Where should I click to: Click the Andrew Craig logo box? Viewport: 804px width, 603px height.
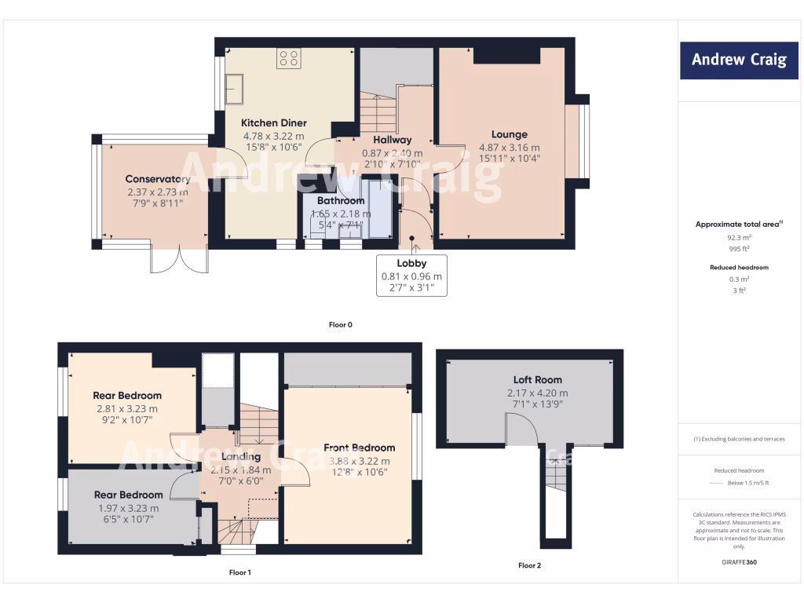coord(739,60)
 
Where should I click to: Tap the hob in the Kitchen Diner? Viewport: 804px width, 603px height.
coord(288,58)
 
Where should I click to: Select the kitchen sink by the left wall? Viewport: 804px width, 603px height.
coord(235,89)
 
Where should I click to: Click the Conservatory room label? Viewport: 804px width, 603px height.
coord(158,179)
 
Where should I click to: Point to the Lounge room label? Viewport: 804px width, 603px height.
coord(510,134)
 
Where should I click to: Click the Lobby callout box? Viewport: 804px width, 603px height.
coord(411,276)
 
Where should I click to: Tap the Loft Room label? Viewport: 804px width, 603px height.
coord(538,380)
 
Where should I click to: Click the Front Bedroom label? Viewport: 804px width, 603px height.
coord(359,448)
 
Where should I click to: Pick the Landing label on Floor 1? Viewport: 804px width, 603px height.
coord(240,457)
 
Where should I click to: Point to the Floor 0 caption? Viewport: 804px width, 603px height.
coord(341,324)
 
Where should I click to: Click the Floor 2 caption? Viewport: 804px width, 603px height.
coord(529,565)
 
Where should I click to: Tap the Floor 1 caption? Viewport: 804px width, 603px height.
coord(240,572)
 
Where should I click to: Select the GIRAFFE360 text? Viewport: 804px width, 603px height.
coord(739,562)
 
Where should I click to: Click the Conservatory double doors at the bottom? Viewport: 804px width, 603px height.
coord(179,260)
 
